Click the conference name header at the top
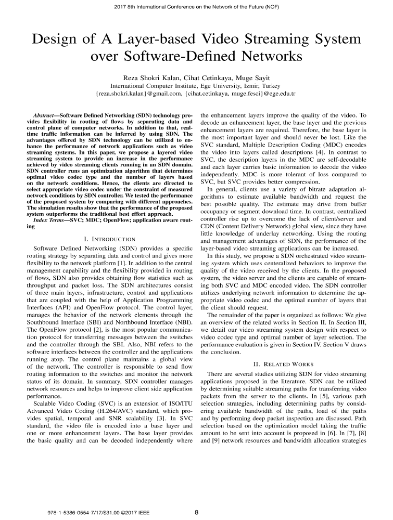tap(196, 8)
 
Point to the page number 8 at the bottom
tap(197, 512)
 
